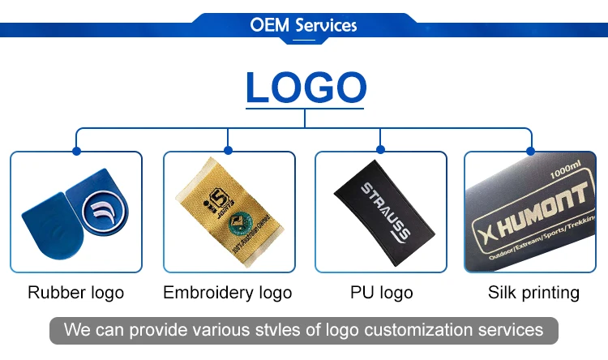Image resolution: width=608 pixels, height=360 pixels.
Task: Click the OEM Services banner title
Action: [304, 25]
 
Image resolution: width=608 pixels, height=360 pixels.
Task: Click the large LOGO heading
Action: [304, 88]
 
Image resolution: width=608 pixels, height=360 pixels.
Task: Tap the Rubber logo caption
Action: [76, 293]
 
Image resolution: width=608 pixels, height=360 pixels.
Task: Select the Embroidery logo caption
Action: [228, 293]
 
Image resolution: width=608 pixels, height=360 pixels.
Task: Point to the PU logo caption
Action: [380, 293]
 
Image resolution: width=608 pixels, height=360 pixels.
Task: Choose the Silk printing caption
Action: [533, 293]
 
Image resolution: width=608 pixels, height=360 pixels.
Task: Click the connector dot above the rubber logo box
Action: [76, 151]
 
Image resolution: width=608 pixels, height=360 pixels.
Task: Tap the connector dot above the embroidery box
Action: [228, 151]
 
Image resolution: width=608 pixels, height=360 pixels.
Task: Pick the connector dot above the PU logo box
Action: [380, 151]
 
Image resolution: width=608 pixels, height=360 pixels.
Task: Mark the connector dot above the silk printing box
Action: [533, 151]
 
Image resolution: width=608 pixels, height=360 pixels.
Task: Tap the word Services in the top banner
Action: [326, 25]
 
